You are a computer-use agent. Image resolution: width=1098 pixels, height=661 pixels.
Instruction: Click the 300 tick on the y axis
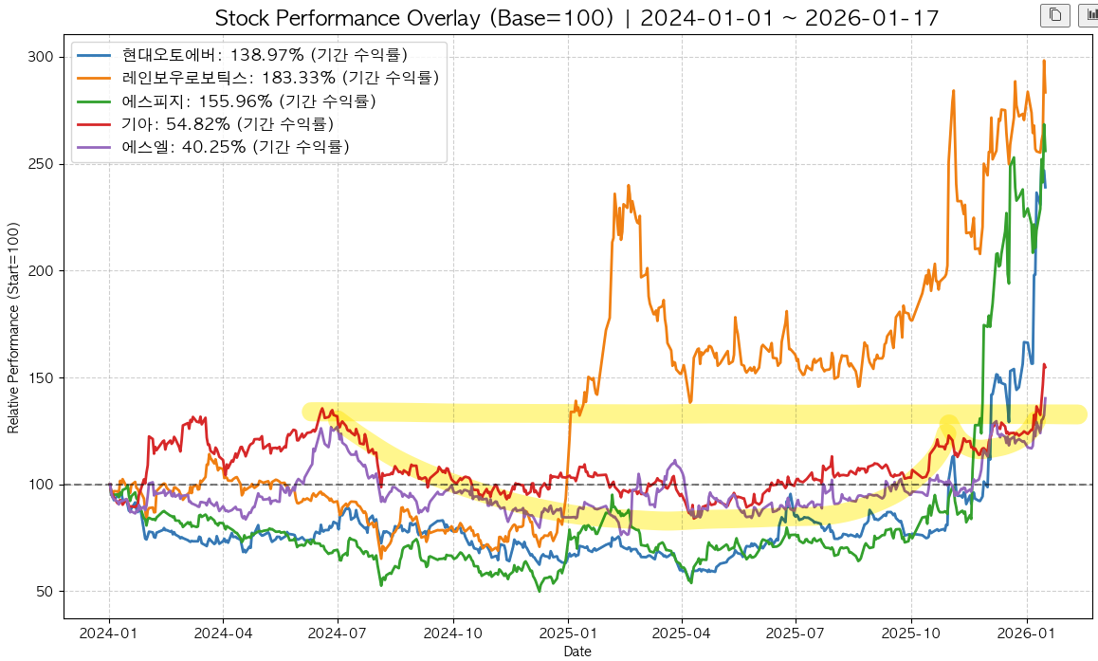click(x=41, y=57)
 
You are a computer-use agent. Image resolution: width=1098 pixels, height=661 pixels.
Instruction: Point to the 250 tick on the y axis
click(x=41, y=164)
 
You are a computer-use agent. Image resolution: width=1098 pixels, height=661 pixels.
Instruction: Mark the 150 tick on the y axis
click(x=41, y=378)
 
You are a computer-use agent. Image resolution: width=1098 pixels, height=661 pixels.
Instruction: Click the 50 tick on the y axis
click(x=44, y=592)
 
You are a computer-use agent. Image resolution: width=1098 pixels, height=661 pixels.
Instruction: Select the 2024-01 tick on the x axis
click(x=109, y=632)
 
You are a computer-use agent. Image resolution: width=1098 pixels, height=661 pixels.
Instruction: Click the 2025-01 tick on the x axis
click(x=568, y=632)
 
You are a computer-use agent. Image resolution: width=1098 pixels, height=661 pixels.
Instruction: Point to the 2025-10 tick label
click(x=911, y=632)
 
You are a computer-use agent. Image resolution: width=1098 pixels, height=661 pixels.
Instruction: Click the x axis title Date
click(x=577, y=652)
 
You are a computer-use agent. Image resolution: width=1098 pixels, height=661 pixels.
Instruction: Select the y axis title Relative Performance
click(x=13, y=327)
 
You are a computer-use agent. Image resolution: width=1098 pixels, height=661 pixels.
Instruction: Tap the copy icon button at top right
click(x=1054, y=15)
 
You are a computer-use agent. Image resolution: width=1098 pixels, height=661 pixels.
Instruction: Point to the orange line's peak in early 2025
click(x=628, y=186)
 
